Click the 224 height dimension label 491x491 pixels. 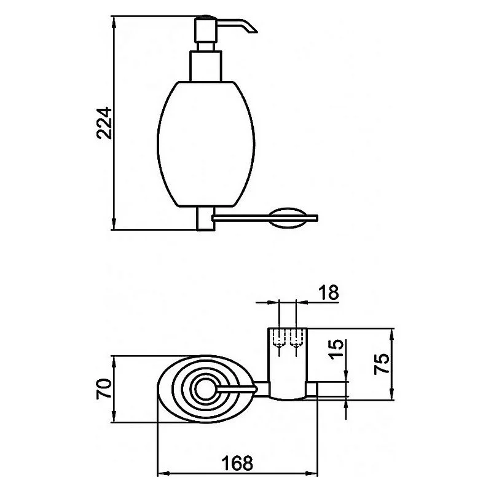[x=104, y=123]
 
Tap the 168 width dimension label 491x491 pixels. [x=237, y=463]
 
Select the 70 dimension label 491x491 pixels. [x=104, y=388]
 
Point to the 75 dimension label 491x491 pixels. [x=382, y=364]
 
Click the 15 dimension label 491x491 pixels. [x=337, y=350]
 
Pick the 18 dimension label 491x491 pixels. [x=329, y=293]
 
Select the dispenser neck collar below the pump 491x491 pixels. [x=206, y=66]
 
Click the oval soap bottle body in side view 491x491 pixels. [x=206, y=144]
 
